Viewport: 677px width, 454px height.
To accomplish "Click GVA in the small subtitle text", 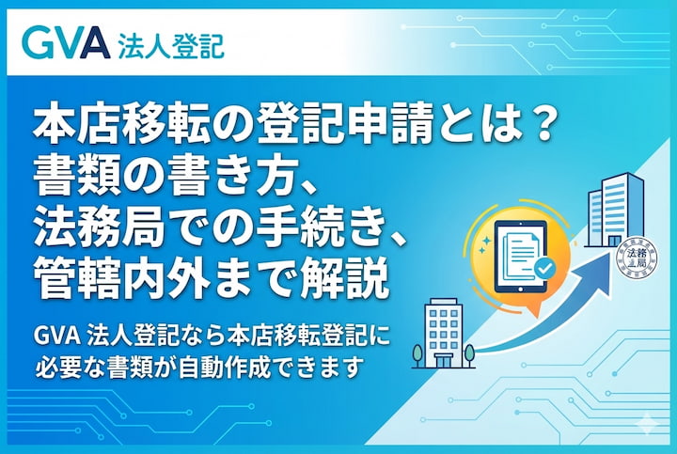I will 53,335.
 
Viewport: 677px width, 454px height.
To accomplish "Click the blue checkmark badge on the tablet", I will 543,272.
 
